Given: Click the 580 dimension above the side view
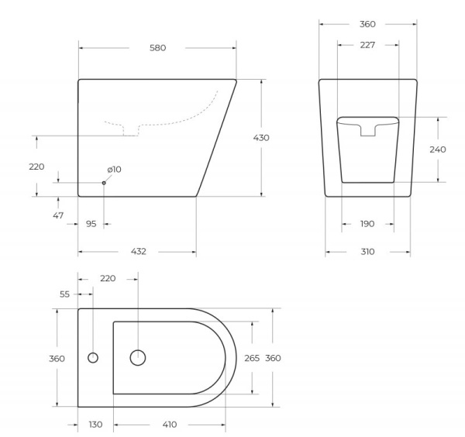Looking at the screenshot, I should coord(157,48).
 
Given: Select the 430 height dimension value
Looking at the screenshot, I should coord(262,137).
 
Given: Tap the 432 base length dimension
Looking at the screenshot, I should coord(138,251).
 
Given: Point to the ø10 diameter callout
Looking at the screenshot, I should coord(115,169).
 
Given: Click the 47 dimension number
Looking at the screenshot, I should coord(58,215).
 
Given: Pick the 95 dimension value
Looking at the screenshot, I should coord(91,224).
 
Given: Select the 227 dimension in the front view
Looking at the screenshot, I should coord(367,45).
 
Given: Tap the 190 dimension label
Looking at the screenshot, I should coord(367,224).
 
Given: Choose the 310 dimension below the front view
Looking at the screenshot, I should coord(367,251).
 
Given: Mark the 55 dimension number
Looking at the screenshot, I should coord(64,294).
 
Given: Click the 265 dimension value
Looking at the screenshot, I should coord(252,358).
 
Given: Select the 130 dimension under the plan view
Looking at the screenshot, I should coord(95,424).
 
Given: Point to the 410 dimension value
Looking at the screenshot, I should coord(170,424).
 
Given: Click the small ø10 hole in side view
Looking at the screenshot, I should coord(104,183).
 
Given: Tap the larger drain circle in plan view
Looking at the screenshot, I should coord(138,358).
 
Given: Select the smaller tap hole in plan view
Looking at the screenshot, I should coord(93,358).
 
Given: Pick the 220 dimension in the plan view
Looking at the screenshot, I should coord(108,278).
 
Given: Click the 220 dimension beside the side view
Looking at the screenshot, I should coord(36,167).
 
